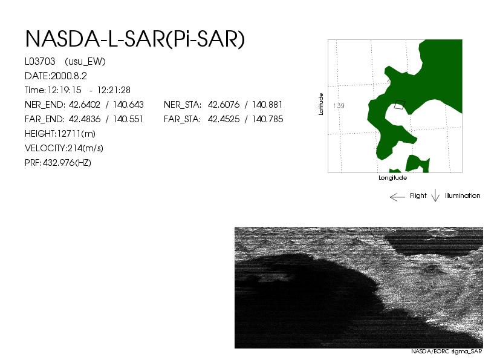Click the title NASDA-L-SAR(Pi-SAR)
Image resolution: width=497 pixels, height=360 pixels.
coord(135,39)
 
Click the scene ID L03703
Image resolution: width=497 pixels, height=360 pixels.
coord(40,61)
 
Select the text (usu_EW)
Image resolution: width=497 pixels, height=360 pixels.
coord(85,62)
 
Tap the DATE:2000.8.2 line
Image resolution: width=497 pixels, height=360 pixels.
coord(56,76)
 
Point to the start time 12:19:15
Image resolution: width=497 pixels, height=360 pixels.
coord(64,90)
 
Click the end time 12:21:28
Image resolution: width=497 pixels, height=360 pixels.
coord(114,90)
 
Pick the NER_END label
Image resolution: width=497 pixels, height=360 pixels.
coord(45,105)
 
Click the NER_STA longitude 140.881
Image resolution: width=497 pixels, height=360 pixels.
coord(267,105)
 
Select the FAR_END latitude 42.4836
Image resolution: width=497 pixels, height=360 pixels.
coord(85,119)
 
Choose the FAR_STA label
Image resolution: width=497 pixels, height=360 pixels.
coord(183,119)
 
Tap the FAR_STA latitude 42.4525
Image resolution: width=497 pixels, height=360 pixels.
coord(224,119)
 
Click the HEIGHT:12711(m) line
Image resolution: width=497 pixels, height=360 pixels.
coord(60,134)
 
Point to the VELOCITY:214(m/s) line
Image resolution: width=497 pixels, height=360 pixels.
coord(64,148)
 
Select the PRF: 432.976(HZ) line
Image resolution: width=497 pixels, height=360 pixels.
coord(58,163)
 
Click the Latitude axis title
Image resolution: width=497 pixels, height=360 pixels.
coord(321,104)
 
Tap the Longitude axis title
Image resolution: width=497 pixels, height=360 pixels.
coord(393,178)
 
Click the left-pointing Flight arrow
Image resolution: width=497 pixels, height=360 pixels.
coord(397,197)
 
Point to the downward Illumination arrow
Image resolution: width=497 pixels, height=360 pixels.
coord(435,195)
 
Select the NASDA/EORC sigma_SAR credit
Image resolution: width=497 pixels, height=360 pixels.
coord(447,352)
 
